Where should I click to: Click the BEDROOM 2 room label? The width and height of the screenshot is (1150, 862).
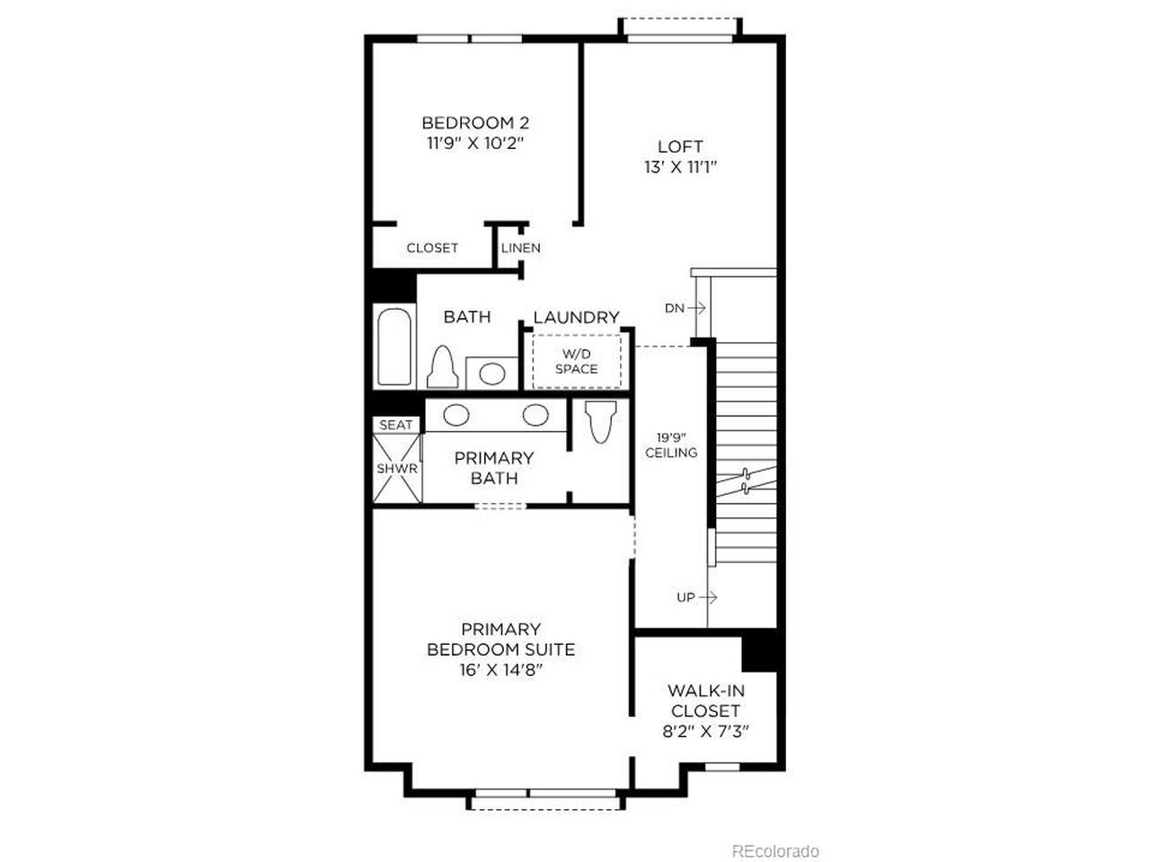475,123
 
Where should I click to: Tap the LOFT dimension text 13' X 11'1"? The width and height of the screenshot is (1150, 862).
680,168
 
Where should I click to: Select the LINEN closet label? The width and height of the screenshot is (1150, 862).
521,248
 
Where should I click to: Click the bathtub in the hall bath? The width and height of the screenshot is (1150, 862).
394,347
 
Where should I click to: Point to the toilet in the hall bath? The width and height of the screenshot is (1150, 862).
443,367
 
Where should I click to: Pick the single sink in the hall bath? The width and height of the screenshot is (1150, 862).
492,374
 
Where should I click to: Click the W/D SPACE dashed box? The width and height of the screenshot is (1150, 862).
577,361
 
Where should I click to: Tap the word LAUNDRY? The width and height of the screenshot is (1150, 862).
576,317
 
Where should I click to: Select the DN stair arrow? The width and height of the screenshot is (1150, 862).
696,308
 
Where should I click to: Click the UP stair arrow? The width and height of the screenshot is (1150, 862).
708,596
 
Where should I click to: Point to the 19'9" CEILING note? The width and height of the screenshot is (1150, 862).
671,444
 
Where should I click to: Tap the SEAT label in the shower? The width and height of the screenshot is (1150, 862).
396,425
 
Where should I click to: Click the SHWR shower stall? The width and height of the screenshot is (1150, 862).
396,468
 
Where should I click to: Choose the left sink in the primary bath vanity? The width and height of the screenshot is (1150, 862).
456,415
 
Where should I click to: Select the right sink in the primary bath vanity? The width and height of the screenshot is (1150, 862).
535,415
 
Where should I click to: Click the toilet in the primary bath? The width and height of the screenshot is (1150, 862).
601,422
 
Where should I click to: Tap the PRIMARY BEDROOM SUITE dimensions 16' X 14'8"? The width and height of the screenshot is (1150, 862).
500,671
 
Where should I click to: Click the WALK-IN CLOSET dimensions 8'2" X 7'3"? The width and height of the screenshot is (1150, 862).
705,731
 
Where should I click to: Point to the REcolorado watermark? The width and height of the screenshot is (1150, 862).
774,851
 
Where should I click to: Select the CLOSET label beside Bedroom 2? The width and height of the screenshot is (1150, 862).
432,248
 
